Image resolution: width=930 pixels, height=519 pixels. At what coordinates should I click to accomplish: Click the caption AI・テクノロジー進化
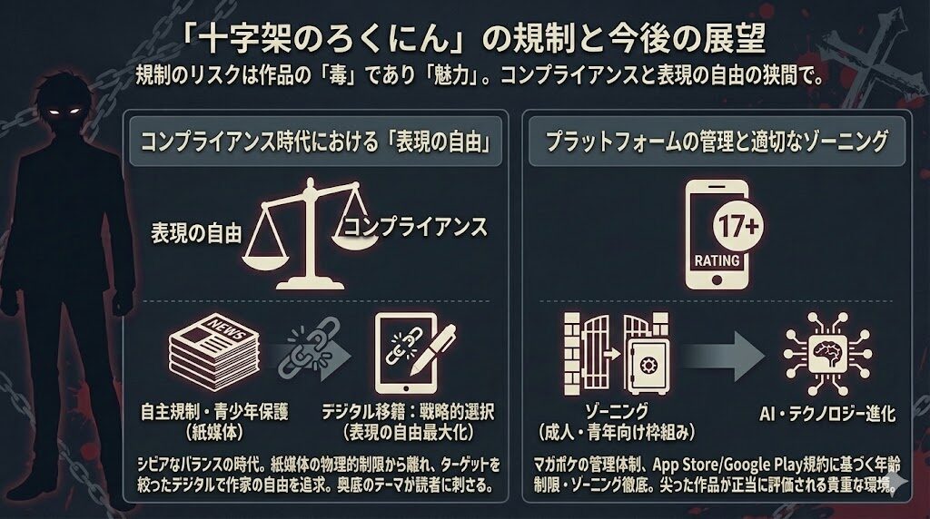click(828, 414)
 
